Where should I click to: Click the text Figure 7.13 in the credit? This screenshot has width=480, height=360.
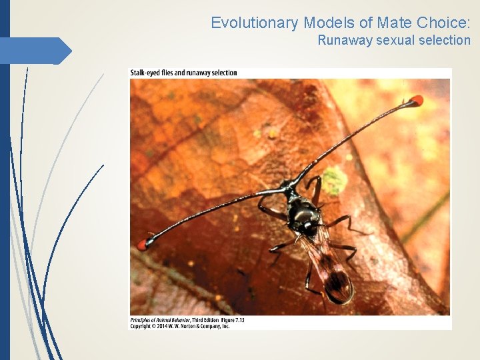(x=231, y=320)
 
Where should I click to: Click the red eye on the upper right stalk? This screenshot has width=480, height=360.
(x=416, y=101)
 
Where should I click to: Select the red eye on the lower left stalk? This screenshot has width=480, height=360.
(x=142, y=244)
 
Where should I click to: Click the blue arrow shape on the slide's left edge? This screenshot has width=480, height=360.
(x=37, y=51)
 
